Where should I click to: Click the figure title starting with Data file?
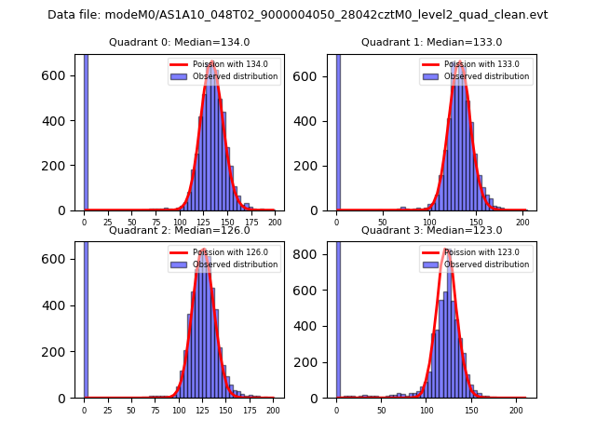(297, 15)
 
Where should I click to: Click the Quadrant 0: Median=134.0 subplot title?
(179, 42)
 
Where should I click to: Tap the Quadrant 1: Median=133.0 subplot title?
(431, 42)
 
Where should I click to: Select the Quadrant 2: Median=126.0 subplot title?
(179, 230)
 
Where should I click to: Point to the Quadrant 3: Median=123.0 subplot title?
(431, 230)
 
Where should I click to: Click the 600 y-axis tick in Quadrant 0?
(61, 75)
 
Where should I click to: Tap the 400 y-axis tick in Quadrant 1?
(312, 120)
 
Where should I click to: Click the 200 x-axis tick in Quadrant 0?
(274, 223)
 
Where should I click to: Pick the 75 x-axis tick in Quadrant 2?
(155, 410)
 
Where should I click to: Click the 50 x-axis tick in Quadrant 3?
(382, 410)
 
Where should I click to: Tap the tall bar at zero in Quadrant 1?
(338, 130)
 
